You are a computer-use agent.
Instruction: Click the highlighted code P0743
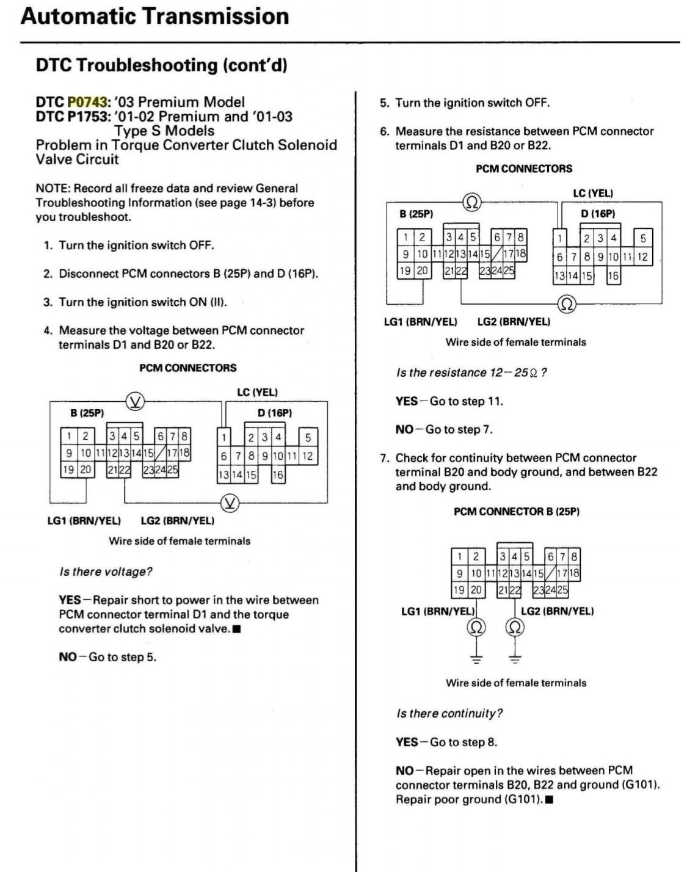[87, 102]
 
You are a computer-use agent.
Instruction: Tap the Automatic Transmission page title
[155, 16]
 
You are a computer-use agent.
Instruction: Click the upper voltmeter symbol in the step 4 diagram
[136, 402]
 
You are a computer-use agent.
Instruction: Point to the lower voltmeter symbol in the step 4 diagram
[230, 503]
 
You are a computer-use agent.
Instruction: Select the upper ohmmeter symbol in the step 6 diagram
[472, 202]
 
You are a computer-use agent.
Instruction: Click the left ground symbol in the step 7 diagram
[476, 659]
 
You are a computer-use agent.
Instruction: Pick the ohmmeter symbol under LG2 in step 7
[515, 628]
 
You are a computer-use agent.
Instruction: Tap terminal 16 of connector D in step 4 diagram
[278, 474]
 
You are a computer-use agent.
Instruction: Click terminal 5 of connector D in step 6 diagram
[643, 238]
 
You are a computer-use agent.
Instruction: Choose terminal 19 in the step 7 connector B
[459, 590]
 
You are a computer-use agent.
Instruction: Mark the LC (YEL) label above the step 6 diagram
[593, 194]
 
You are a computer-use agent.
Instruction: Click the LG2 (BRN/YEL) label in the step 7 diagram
[558, 611]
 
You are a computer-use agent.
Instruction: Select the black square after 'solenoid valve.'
[237, 630]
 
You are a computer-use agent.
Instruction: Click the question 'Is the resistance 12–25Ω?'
[471, 372]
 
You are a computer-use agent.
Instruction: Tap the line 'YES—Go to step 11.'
[449, 401]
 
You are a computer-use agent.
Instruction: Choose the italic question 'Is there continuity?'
[449, 713]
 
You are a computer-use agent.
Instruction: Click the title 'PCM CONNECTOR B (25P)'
[517, 512]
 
